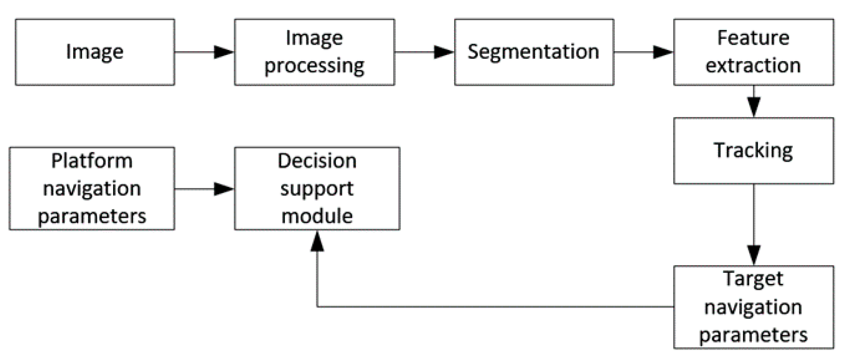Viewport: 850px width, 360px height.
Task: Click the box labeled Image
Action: click(95, 52)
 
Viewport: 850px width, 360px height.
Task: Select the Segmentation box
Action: click(534, 52)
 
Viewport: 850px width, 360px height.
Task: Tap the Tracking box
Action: click(753, 150)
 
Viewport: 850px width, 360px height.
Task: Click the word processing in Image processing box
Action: click(314, 66)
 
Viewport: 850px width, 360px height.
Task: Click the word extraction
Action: click(753, 66)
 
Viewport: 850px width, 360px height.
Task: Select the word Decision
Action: click(317, 161)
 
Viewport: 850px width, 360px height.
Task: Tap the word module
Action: click(317, 216)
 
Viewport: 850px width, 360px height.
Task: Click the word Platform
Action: click(92, 161)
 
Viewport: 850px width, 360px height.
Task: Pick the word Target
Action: click(753, 279)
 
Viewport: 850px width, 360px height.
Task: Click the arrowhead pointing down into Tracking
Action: click(754, 106)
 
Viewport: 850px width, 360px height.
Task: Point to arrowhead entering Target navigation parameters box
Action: click(754, 255)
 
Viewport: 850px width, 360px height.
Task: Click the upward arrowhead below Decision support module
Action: click(317, 242)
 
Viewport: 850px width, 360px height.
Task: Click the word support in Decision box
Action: click(317, 189)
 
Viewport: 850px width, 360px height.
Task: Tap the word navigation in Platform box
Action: click(92, 189)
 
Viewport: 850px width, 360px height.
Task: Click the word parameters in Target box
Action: click(753, 335)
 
